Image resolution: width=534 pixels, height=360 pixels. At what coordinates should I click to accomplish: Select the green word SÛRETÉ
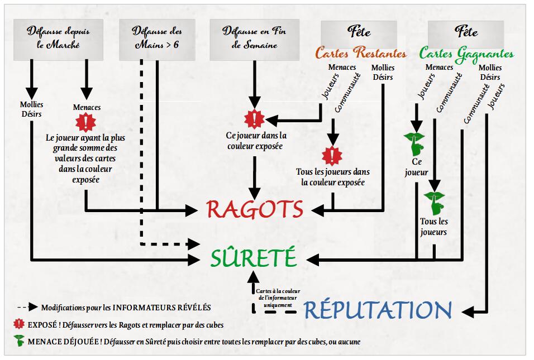(x=254, y=257)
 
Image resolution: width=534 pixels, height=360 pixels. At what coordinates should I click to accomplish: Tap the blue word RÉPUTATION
(x=378, y=310)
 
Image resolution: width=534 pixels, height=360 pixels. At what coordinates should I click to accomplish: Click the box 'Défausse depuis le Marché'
(x=58, y=40)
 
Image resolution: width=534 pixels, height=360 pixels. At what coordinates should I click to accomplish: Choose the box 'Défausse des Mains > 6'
(x=157, y=40)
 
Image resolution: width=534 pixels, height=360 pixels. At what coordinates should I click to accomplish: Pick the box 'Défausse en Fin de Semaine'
(x=254, y=40)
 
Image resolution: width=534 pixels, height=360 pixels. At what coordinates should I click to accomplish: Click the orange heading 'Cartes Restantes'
(x=361, y=53)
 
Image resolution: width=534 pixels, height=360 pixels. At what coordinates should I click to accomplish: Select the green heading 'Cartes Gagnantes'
(x=466, y=54)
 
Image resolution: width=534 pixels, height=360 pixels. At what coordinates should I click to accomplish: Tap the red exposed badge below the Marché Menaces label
(x=86, y=122)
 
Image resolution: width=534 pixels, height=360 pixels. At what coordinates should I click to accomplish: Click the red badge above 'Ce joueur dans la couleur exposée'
(x=254, y=119)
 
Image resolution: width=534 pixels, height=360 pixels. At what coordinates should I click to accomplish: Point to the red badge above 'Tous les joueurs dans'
(x=332, y=156)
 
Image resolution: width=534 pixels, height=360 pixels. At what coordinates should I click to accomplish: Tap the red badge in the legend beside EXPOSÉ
(x=19, y=324)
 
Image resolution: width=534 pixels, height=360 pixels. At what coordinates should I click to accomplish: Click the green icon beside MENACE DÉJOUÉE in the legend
(x=19, y=340)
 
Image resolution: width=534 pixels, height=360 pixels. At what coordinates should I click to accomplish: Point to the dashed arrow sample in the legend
(x=27, y=308)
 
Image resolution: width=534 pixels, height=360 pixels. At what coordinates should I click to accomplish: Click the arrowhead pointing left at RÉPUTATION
(x=468, y=311)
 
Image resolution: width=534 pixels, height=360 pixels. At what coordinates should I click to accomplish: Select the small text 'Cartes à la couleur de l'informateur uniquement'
(x=278, y=298)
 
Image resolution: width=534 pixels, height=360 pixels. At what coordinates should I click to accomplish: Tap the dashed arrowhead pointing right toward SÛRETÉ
(x=194, y=244)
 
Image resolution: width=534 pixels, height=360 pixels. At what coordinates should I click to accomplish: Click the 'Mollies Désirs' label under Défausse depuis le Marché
(x=32, y=109)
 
